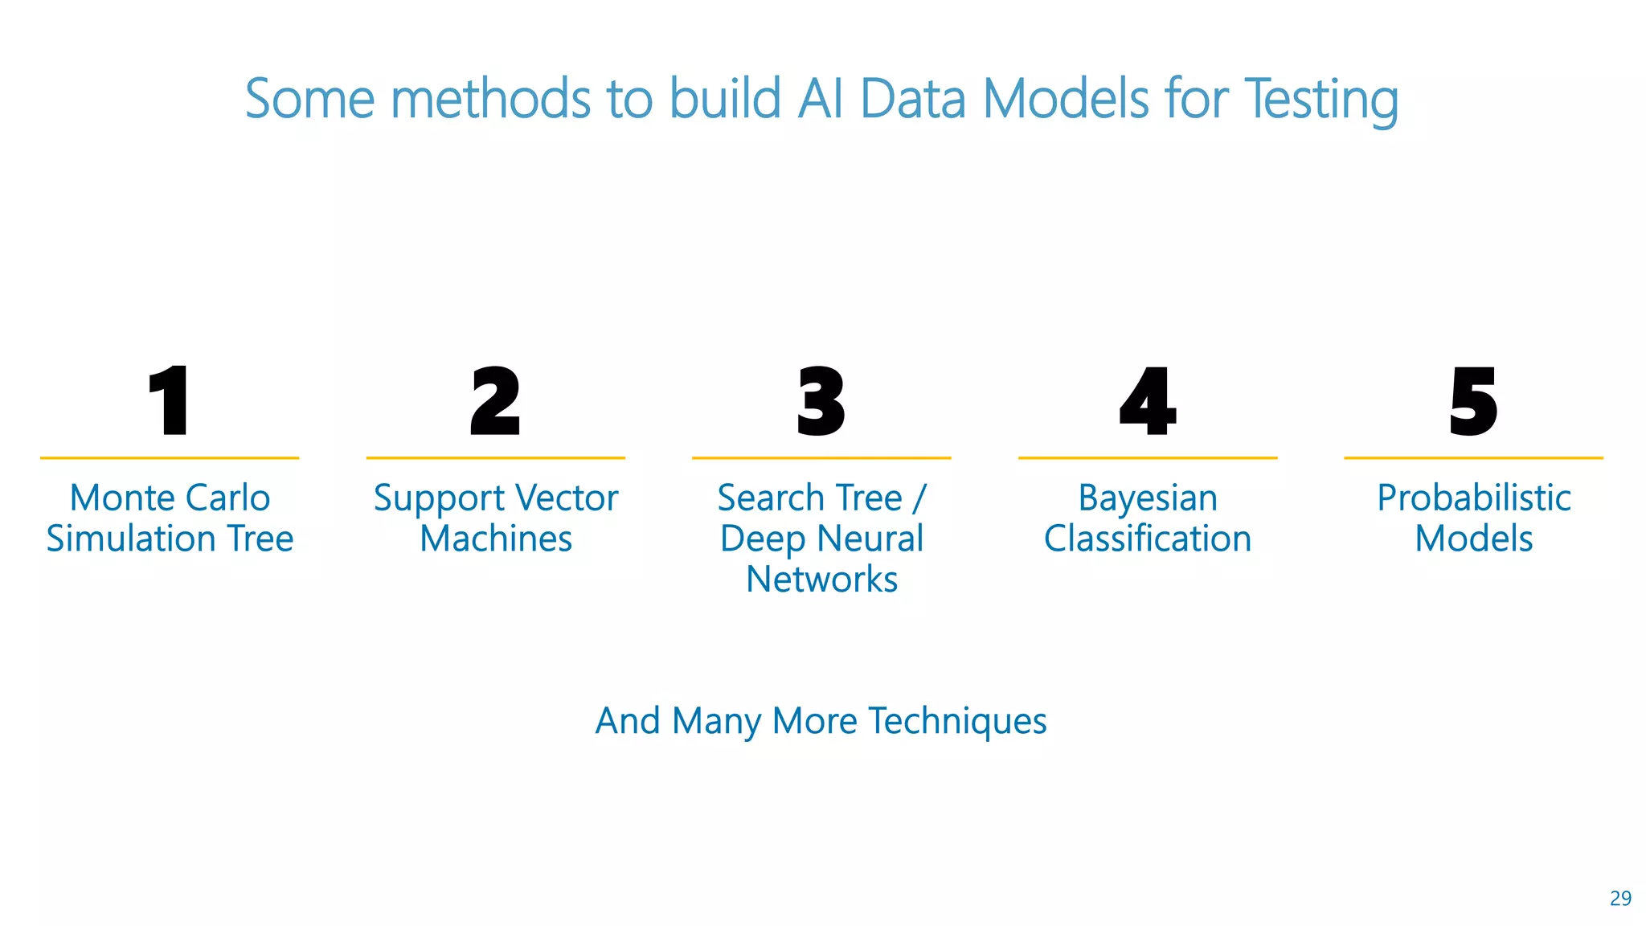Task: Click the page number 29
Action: pos(1620,899)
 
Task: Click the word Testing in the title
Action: pos(1321,100)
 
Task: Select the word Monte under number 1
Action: pos(117,498)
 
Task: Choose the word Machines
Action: pos(496,539)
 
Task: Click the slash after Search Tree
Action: pos(919,498)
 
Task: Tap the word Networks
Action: pos(821,580)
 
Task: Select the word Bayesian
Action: pos(1148,499)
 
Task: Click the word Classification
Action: pos(1148,539)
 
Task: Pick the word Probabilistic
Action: pos(1473,498)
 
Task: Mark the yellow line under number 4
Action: pos(1148,458)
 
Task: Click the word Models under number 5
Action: pos(1473,539)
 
